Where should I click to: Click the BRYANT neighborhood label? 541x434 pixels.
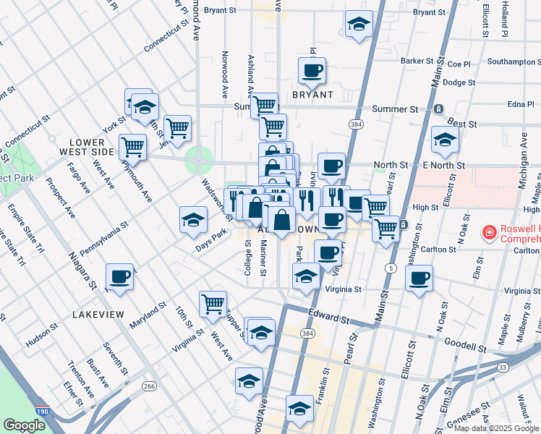point(312,95)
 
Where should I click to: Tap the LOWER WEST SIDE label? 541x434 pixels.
point(91,147)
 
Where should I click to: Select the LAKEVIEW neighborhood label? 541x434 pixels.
point(98,315)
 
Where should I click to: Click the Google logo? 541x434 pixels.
point(24,425)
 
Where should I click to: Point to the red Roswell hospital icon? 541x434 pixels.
point(489,232)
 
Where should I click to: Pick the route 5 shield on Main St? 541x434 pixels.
point(391,268)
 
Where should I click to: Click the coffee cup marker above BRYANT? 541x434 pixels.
point(312,71)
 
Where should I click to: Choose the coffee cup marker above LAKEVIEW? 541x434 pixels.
point(119,276)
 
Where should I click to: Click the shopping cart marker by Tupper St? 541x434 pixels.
point(213,304)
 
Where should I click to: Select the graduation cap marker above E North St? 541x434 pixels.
point(445,140)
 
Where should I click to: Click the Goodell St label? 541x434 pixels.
point(465,346)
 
